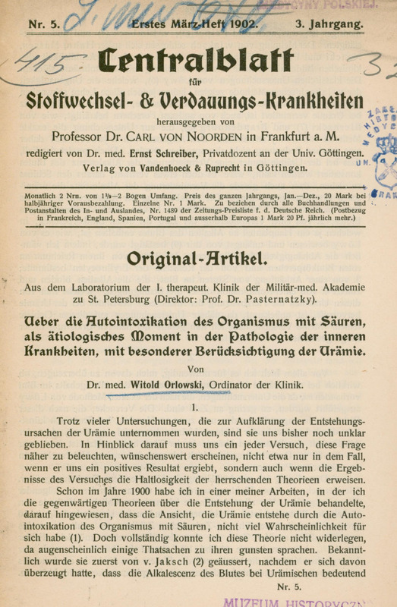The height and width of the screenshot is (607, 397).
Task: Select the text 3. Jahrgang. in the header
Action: click(x=326, y=24)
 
